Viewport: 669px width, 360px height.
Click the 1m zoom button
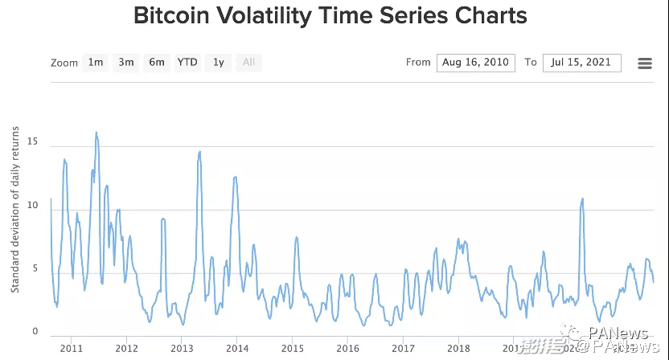pos(96,63)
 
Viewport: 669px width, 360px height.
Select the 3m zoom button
pos(126,63)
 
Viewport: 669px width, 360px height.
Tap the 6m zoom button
pos(157,63)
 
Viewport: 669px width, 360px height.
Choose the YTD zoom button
pos(187,63)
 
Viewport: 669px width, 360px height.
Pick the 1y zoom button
pos(218,63)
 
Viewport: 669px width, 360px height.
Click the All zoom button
pos(248,63)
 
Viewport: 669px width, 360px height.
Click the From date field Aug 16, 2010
pos(475,63)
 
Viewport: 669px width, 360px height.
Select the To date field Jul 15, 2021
pos(581,63)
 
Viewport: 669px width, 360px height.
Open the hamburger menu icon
pos(644,63)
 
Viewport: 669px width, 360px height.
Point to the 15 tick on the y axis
pos(32,141)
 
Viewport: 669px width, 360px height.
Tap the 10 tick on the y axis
pos(32,205)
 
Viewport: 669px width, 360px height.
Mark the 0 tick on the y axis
pos(35,331)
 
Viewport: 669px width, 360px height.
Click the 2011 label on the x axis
pos(71,348)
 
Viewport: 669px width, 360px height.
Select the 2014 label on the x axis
pos(236,348)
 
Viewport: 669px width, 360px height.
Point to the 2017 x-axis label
pos(403,348)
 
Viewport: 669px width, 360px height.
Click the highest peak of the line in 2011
pos(96,133)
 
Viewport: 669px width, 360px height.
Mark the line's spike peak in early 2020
pos(582,198)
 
